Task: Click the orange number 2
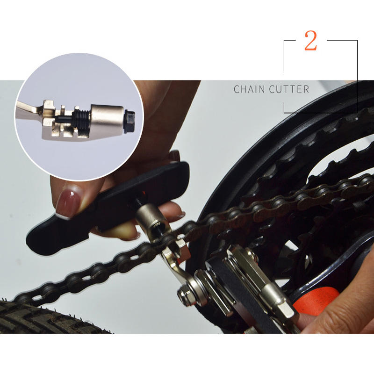point(310,41)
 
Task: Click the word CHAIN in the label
point(249,89)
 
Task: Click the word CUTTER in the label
point(289,89)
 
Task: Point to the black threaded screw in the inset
point(81,118)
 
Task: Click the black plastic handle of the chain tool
point(108,205)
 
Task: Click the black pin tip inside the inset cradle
point(63,119)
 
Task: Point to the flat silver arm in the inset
point(28,110)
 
